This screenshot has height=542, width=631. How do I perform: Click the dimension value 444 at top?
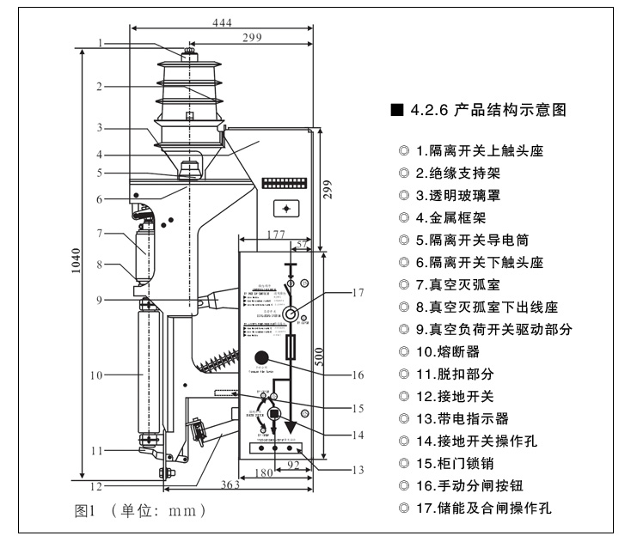pyautogui.click(x=223, y=22)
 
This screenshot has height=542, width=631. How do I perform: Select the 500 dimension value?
pyautogui.click(x=319, y=357)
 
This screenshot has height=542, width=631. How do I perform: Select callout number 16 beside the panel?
pyautogui.click(x=358, y=375)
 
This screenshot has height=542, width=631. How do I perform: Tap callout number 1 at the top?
pyautogui.click(x=100, y=42)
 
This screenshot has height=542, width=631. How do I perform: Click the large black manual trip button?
pyautogui.click(x=263, y=357)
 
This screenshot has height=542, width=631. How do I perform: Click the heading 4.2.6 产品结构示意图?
pyautogui.click(x=486, y=111)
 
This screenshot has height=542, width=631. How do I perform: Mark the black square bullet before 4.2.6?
pyautogui.click(x=396, y=111)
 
